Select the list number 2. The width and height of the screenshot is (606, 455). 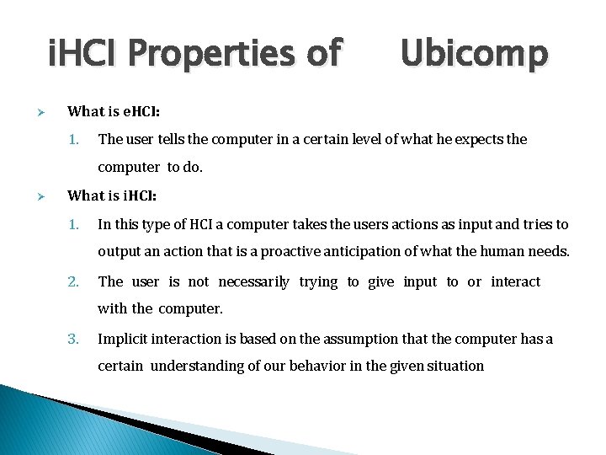tap(73, 281)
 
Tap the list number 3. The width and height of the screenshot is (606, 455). tap(73, 339)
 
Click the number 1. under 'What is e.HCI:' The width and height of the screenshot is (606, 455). tap(73, 139)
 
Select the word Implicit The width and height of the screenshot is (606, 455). tap(125, 339)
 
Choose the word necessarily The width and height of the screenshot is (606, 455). tap(254, 281)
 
